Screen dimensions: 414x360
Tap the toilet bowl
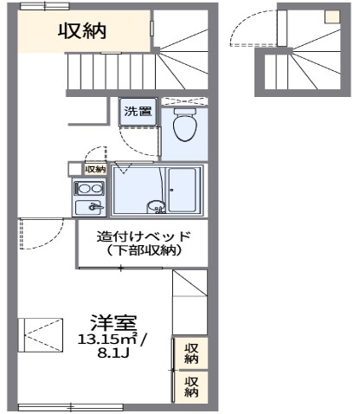[183, 127]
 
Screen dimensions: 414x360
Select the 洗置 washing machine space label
[138, 111]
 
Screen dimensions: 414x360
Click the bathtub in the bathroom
[184, 190]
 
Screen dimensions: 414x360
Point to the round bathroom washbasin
[156, 206]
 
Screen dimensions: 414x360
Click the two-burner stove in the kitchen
[89, 188]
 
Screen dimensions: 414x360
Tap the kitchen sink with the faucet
[89, 207]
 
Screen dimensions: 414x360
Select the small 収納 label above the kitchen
[94, 168]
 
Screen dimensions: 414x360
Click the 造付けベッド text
[142, 236]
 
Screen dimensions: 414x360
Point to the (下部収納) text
[142, 250]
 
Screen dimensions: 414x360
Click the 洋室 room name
[113, 320]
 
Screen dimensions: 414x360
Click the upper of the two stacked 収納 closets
[192, 353]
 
